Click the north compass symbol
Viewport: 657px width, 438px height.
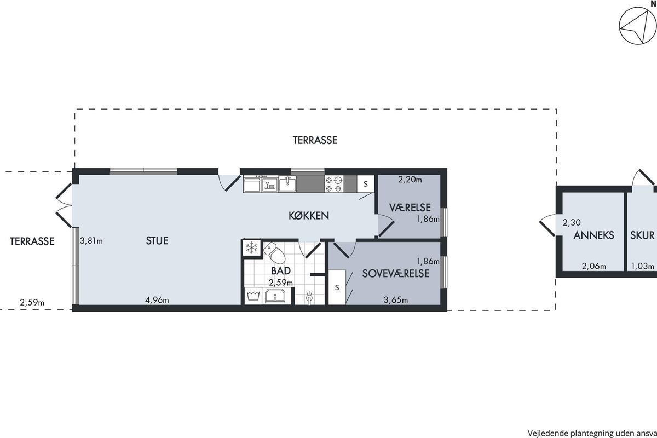637,26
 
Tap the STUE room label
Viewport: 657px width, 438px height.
157,241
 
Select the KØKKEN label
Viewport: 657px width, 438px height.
309,216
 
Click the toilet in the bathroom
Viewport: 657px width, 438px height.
274,252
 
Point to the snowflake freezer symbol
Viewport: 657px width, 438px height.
251,248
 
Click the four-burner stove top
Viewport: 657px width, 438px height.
334,184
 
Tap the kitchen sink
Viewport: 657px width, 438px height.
287,184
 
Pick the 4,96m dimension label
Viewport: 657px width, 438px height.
157,300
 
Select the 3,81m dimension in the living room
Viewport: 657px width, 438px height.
91,241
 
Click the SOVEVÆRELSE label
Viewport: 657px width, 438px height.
396,273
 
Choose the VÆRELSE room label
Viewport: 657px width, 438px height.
410,208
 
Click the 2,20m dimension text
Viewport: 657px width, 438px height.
410,180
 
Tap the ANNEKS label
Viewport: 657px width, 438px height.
593,235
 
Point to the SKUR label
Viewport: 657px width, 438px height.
642,235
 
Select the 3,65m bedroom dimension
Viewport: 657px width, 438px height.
396,300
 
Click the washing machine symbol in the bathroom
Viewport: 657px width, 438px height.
253,296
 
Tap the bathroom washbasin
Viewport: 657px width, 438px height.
275,296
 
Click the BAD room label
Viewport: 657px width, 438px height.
281,271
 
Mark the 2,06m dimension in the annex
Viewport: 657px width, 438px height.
594,267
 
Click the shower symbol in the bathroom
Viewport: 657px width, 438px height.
309,296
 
